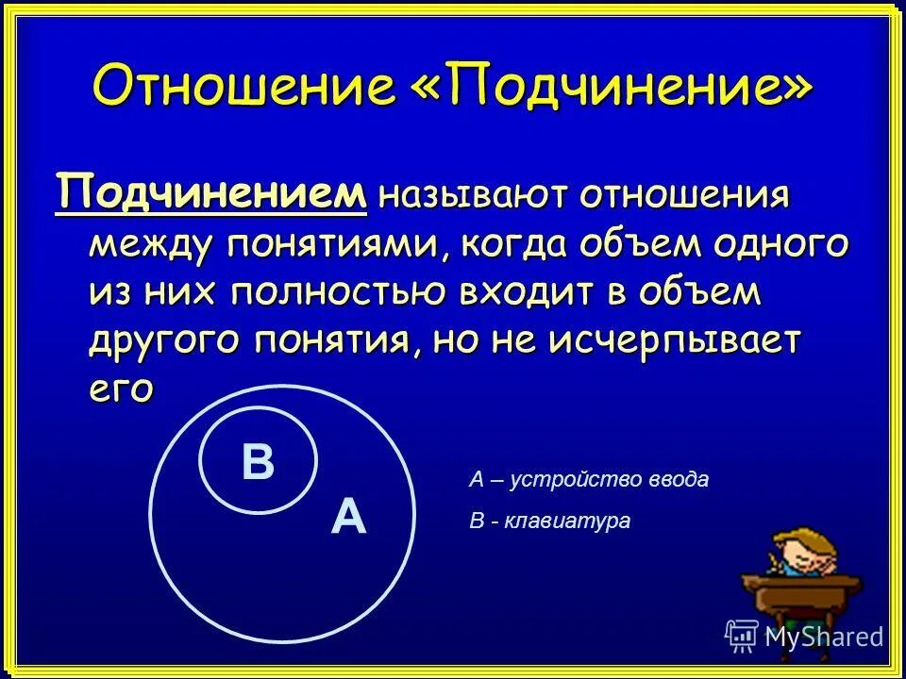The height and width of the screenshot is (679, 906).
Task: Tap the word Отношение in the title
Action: [243, 88]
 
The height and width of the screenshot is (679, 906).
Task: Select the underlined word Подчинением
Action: [210, 194]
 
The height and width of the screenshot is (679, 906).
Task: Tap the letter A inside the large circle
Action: [348, 518]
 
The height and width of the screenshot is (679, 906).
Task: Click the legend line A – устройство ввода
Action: [588, 480]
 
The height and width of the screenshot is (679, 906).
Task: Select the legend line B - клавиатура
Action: [549, 521]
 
